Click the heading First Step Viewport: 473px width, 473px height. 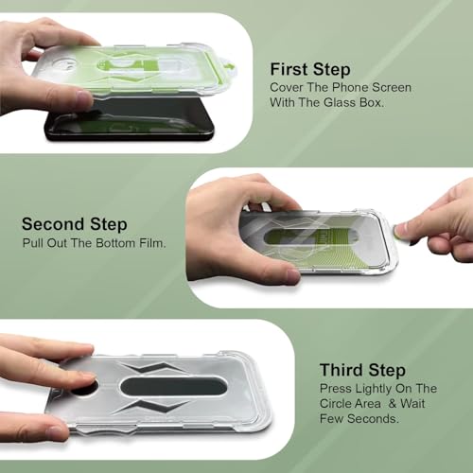pos(310,70)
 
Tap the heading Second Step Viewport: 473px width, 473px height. pos(75,224)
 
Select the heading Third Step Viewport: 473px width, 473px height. pos(362,370)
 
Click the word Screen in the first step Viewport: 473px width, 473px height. pos(392,87)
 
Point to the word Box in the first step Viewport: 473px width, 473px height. pos(372,102)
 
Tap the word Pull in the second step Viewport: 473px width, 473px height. pos(33,243)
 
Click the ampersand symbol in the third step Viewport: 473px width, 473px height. pos(393,404)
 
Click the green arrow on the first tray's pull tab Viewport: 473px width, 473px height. pos(231,67)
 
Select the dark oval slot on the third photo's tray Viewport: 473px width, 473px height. pos(173,386)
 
